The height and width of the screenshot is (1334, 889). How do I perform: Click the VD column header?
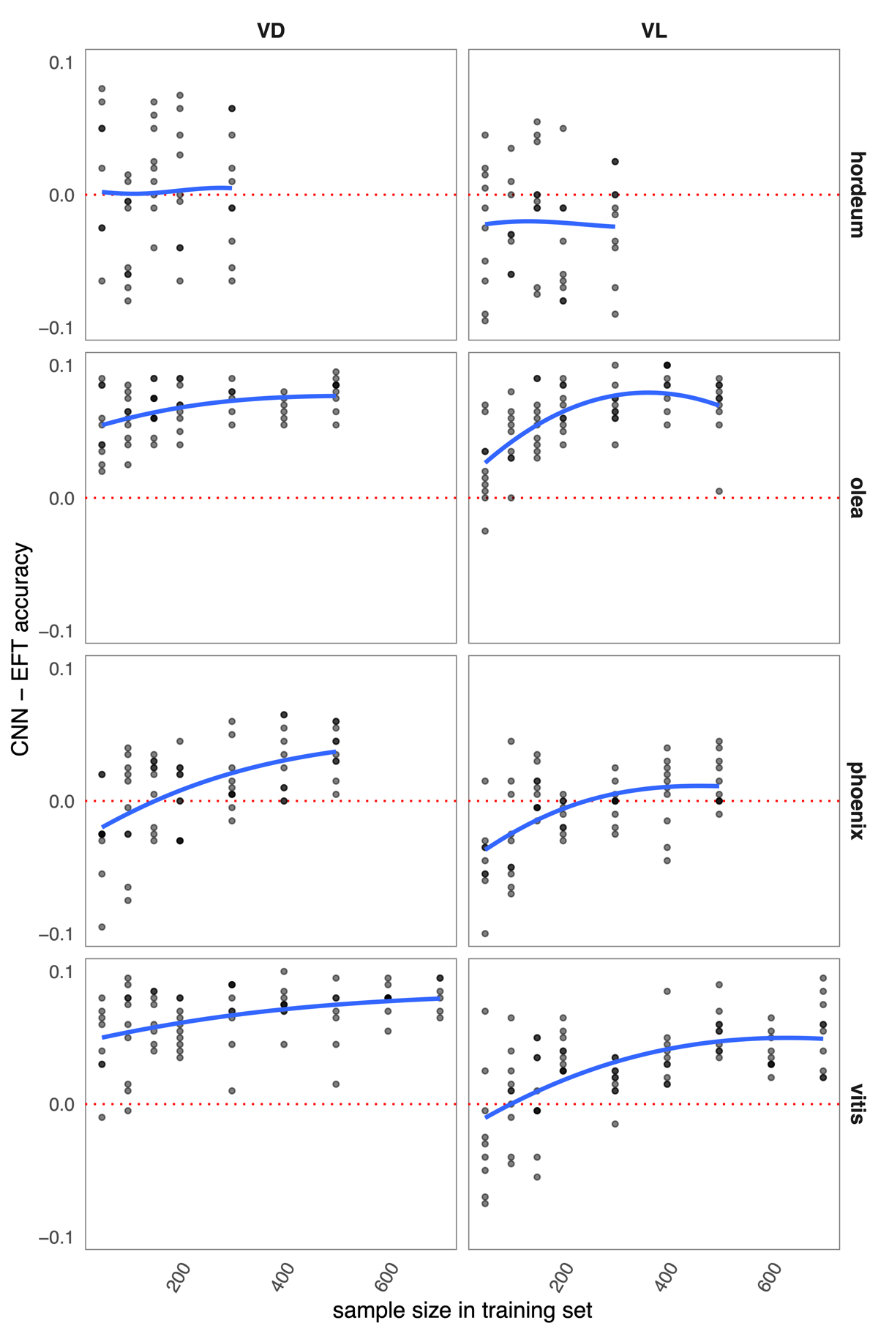click(271, 31)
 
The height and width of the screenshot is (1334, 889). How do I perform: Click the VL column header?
click(653, 31)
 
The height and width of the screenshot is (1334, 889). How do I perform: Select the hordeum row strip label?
click(857, 195)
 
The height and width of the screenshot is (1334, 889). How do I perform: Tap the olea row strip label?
click(857, 498)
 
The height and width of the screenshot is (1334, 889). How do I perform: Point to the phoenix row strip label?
click(857, 800)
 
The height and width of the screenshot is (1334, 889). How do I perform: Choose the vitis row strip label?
click(857, 1103)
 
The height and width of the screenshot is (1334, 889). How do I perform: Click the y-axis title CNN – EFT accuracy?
click(21, 649)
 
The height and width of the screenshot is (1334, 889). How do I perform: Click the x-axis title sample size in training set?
click(462, 1310)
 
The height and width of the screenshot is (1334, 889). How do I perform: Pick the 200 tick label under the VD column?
click(179, 1278)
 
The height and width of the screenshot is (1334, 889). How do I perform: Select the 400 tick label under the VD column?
click(283, 1278)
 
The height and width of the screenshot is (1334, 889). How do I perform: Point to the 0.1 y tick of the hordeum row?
click(61, 62)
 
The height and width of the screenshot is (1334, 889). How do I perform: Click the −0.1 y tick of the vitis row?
click(57, 1237)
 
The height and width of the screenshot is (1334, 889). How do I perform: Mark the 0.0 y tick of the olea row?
click(61, 498)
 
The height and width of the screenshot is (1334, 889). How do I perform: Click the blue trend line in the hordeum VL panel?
click(549, 222)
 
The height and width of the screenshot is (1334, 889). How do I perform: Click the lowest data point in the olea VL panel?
click(485, 531)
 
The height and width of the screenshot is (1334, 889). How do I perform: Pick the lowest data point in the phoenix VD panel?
click(102, 927)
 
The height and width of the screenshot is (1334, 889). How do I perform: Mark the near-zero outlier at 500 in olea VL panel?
click(719, 491)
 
